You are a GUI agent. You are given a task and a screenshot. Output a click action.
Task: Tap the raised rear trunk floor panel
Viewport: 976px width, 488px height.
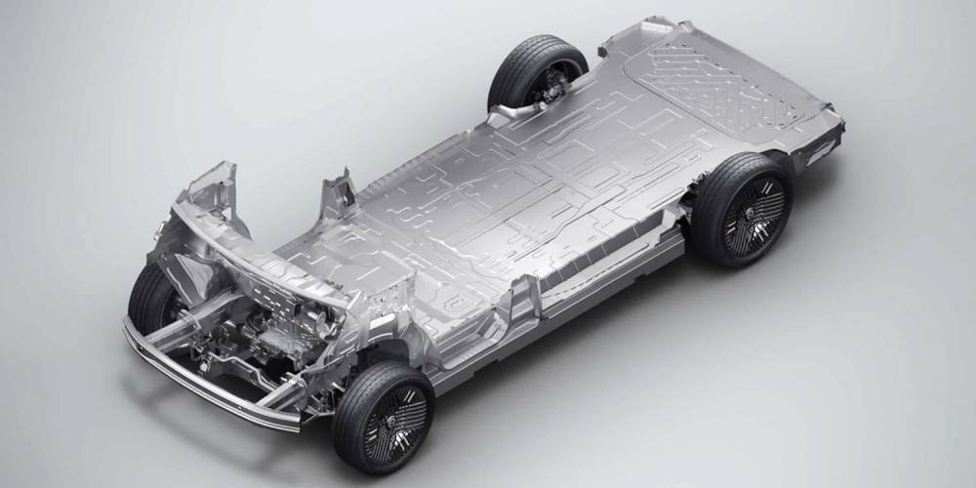[x=722, y=88]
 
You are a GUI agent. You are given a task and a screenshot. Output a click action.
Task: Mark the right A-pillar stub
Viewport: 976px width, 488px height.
[x=337, y=195]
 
